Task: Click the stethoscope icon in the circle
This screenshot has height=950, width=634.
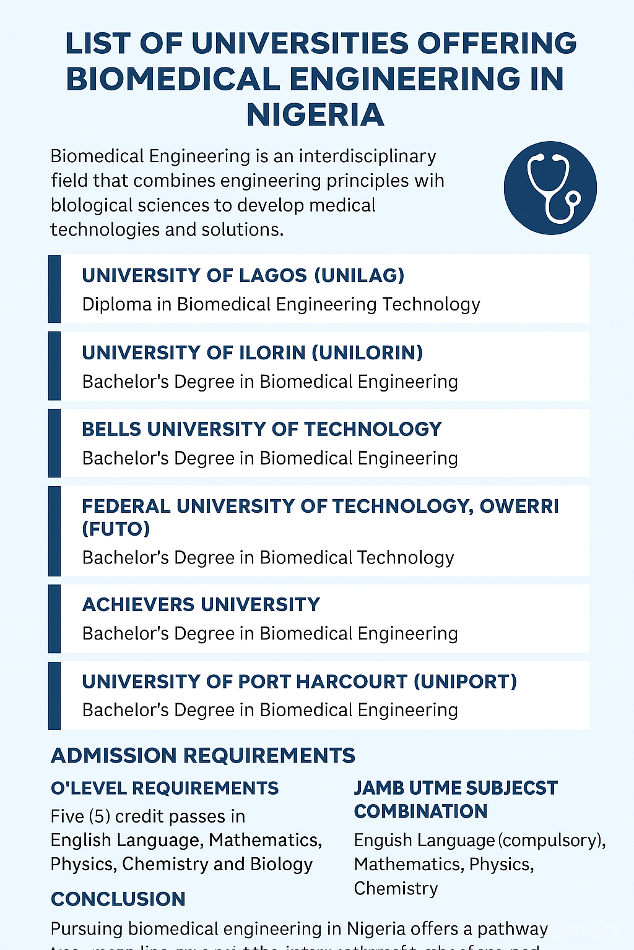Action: click(550, 188)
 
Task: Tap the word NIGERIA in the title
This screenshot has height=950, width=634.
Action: click(316, 115)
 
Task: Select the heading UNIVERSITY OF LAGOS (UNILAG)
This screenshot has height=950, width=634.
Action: click(243, 275)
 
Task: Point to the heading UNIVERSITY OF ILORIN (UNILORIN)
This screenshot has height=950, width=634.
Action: click(252, 353)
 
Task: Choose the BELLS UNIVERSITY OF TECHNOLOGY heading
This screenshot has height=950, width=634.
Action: click(261, 429)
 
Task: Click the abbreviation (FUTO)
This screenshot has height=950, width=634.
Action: click(116, 529)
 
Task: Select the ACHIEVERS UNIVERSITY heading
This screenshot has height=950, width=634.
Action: click(201, 604)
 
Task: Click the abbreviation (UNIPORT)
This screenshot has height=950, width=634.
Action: click(465, 682)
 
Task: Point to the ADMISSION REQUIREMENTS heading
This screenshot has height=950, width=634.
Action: click(202, 755)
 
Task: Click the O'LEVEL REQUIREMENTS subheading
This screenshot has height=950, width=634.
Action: click(164, 788)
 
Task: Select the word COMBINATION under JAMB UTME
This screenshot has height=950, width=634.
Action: click(420, 811)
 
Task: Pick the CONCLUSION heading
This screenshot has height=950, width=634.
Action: click(118, 899)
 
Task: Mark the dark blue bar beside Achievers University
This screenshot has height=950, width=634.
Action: click(54, 618)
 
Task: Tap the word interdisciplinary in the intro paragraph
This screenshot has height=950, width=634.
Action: click(368, 156)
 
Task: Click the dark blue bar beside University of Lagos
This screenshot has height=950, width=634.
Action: click(54, 289)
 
